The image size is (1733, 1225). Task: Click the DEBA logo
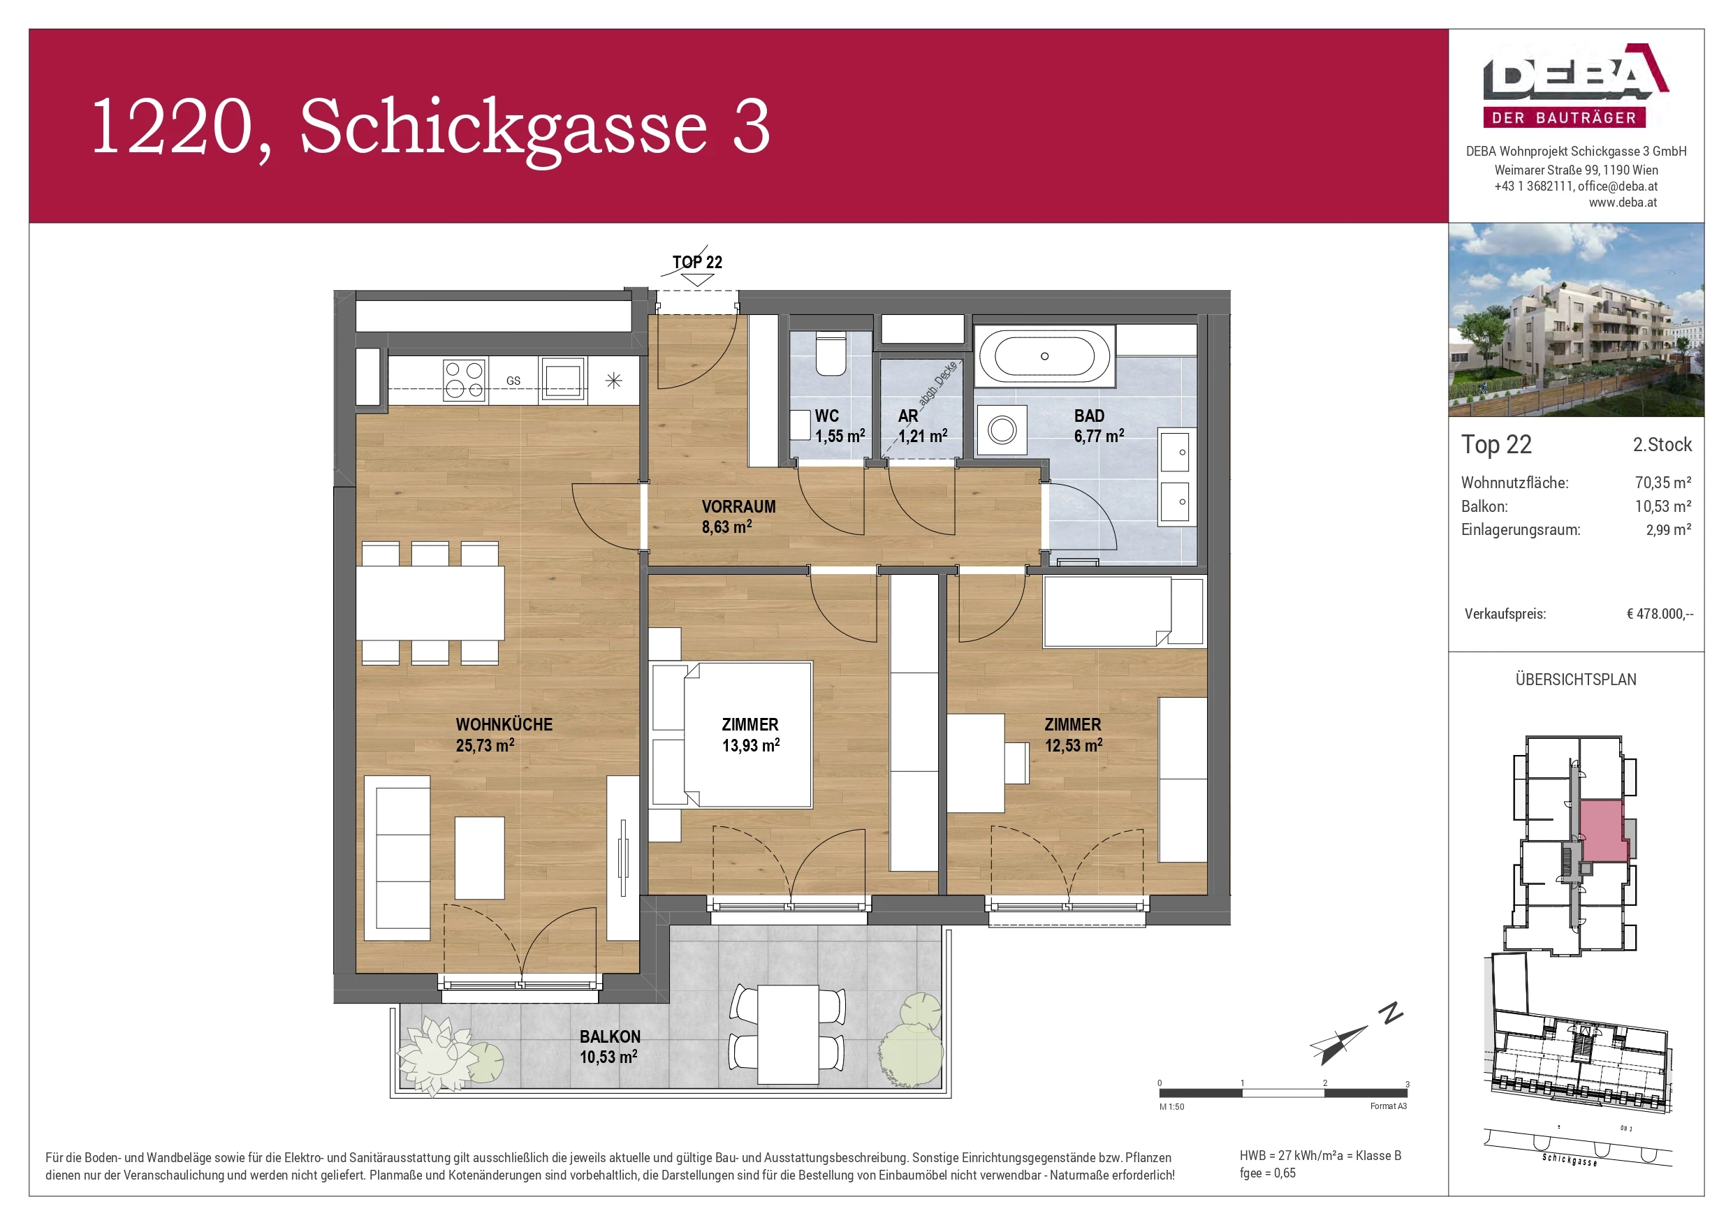[1575, 85]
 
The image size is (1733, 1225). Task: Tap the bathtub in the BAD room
[1044, 356]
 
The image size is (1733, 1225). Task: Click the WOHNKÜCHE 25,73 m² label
[504, 735]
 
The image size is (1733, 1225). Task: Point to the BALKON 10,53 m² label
[609, 1047]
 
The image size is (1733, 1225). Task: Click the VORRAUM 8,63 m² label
[738, 516]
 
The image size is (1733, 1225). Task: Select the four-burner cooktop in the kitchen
[463, 380]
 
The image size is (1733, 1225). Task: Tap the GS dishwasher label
[513, 381]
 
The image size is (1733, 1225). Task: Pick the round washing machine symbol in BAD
[1002, 431]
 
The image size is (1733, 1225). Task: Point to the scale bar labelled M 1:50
[1282, 1093]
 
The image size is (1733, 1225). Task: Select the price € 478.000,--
[1659, 614]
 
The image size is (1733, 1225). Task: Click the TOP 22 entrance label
[696, 262]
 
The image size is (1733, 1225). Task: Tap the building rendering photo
[1575, 320]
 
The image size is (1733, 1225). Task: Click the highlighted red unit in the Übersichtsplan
[1602, 831]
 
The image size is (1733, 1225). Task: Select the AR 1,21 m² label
[921, 427]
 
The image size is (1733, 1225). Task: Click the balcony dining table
[788, 1034]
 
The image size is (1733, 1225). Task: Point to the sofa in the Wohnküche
[397, 858]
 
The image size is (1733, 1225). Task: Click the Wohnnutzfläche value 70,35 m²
[1662, 483]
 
